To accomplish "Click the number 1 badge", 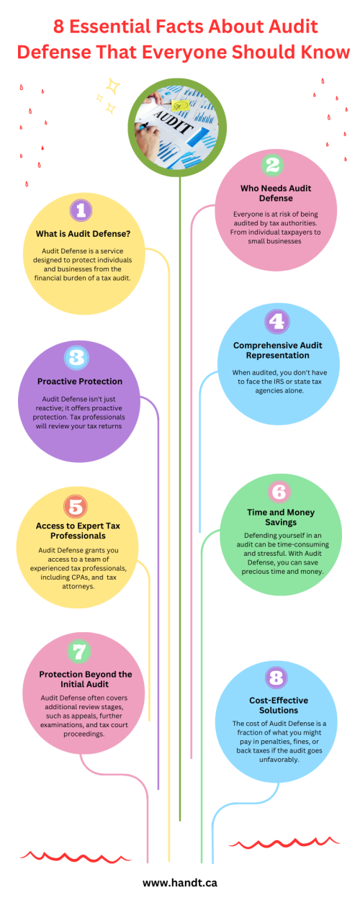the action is tap(81, 210).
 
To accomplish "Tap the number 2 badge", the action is tap(272, 165).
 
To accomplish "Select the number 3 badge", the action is tap(76, 358).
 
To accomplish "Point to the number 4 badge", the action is tap(277, 321).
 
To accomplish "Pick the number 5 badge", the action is tap(76, 506).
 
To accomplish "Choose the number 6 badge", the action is tap(279, 492).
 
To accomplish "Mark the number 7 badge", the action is tap(79, 652).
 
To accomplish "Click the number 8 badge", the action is tap(276, 678).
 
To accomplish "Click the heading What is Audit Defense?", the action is tap(84, 234).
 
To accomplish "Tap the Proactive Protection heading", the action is tap(80, 382).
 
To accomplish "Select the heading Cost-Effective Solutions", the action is tap(279, 705).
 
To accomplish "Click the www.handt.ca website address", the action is tap(180, 883).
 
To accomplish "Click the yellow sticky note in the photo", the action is tap(181, 106).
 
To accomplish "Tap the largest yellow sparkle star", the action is tap(113, 86).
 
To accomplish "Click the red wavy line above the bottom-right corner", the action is tap(284, 843).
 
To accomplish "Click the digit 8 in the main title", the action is tap(59, 27).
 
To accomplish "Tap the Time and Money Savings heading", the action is tap(281, 517).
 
